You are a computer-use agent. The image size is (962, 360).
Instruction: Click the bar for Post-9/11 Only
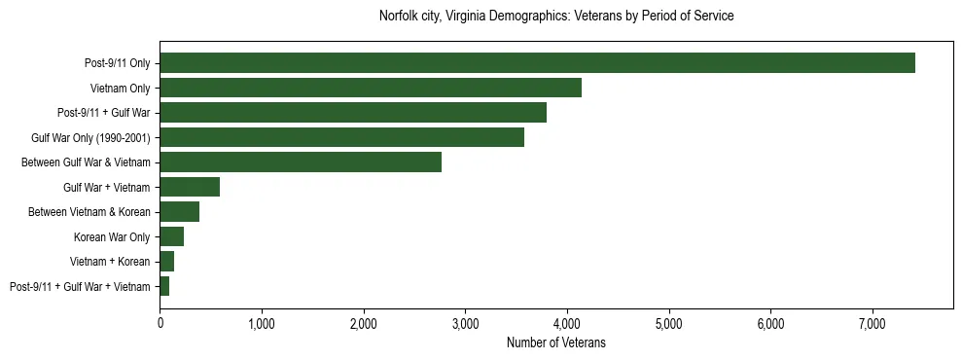click(x=537, y=63)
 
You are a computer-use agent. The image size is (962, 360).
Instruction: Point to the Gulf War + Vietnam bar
click(x=190, y=187)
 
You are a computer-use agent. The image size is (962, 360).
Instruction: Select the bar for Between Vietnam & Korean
click(x=179, y=212)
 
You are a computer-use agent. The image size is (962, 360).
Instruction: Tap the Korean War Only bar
click(x=171, y=236)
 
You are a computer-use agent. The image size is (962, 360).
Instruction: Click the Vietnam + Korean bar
click(x=166, y=262)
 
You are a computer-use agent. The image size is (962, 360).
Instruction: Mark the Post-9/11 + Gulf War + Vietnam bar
click(x=164, y=286)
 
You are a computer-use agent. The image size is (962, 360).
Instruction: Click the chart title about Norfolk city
click(x=555, y=17)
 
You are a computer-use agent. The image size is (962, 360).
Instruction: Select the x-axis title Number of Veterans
click(x=555, y=342)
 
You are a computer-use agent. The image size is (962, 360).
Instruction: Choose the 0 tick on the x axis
click(x=160, y=323)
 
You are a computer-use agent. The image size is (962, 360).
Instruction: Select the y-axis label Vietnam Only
click(x=120, y=88)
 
